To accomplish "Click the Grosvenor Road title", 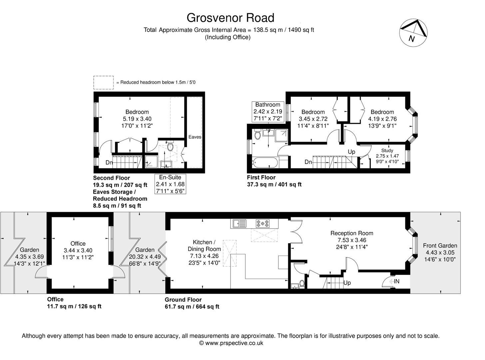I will pos(230,17).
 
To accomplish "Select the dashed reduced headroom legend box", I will pos(103,82).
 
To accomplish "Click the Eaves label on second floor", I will pos(195,137).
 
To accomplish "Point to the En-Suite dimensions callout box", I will pos(170,184).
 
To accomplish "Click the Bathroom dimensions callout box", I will pos(268,111).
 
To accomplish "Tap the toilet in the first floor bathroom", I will pos(257,135).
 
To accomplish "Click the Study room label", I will pos(387,151).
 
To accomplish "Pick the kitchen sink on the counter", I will pos(238,223).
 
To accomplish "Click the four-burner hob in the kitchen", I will pos(263,223).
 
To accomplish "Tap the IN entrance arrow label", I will pos(396,282).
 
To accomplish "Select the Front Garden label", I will pos(440,246).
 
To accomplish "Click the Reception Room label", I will pos(351,233).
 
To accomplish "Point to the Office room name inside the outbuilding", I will pos(78,244).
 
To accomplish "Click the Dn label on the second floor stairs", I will pos(109,163).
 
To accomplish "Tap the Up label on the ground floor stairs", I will pos(347,283).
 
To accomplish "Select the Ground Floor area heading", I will pos(183,300).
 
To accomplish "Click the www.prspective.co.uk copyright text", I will pos(231,343).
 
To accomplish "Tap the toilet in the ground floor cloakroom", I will pos(301,284).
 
